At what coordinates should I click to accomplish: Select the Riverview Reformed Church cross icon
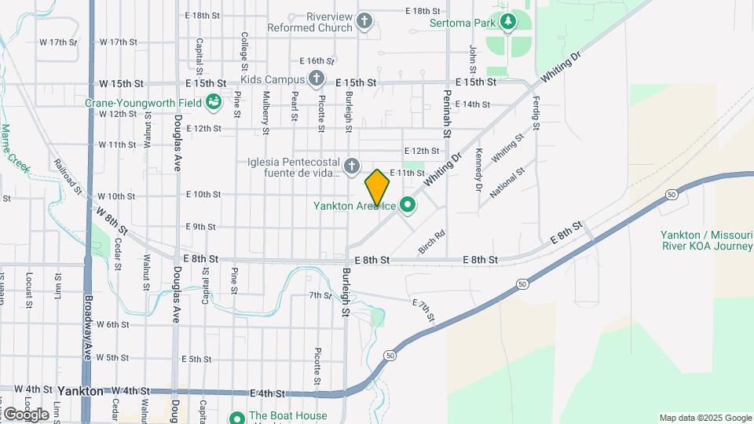[x=364, y=22]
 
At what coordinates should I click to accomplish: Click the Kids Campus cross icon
[x=316, y=79]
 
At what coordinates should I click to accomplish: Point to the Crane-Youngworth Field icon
[x=213, y=101]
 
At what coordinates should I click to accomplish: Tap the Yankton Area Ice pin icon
[x=407, y=206]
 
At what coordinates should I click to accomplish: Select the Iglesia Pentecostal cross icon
[x=351, y=166]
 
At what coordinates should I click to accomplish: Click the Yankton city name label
[x=79, y=390]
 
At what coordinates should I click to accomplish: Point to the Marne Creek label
[x=15, y=148]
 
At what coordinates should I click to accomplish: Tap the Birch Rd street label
[x=431, y=241]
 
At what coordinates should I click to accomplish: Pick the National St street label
[x=506, y=182]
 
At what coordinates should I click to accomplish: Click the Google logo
[x=25, y=414]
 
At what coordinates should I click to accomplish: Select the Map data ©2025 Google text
[x=705, y=418]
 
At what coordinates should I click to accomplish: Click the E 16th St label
[x=317, y=60]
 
